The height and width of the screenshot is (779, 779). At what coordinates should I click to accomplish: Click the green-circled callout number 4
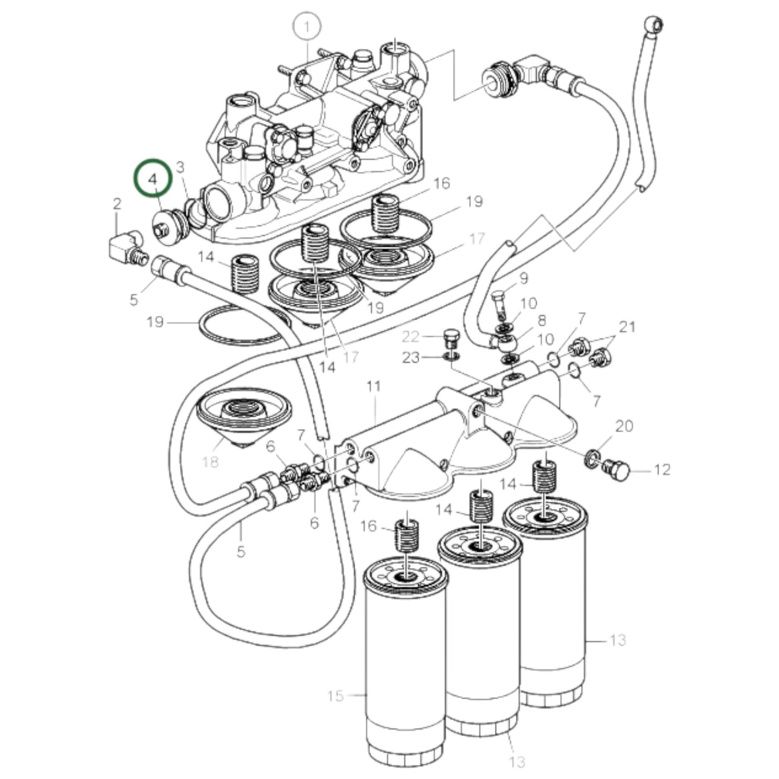pyautogui.click(x=153, y=180)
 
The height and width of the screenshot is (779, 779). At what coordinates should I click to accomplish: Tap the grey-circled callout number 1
pyautogui.click(x=307, y=28)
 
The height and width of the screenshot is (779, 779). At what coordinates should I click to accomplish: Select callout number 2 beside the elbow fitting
pyautogui.click(x=117, y=203)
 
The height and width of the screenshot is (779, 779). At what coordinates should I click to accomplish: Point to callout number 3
pyautogui.click(x=180, y=167)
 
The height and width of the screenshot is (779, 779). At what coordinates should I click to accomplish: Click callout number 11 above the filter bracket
pyautogui.click(x=373, y=387)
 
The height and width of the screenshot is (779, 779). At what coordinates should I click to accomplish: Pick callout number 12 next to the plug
pyautogui.click(x=662, y=470)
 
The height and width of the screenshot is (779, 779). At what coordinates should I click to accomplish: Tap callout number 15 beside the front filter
pyautogui.click(x=335, y=696)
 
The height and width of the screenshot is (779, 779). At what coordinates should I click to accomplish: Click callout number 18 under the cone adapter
pyautogui.click(x=210, y=461)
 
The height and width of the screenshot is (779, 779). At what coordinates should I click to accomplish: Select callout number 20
pyautogui.click(x=624, y=426)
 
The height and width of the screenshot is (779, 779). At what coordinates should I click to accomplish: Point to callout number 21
pyautogui.click(x=628, y=327)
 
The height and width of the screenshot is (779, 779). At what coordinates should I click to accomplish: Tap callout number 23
pyautogui.click(x=411, y=358)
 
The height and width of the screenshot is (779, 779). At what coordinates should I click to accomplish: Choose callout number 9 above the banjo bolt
pyautogui.click(x=523, y=278)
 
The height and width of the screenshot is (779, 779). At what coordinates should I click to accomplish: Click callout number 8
pyautogui.click(x=542, y=320)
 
